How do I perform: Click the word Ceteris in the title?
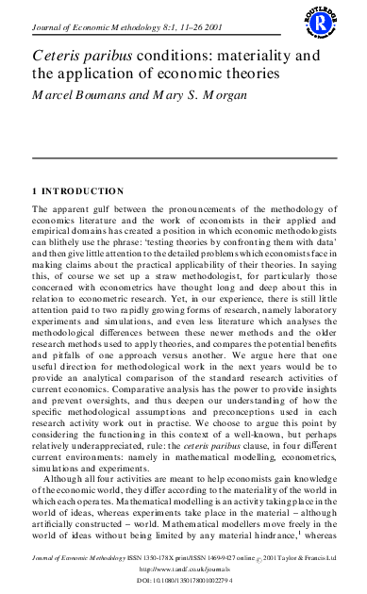(x=55, y=55)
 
